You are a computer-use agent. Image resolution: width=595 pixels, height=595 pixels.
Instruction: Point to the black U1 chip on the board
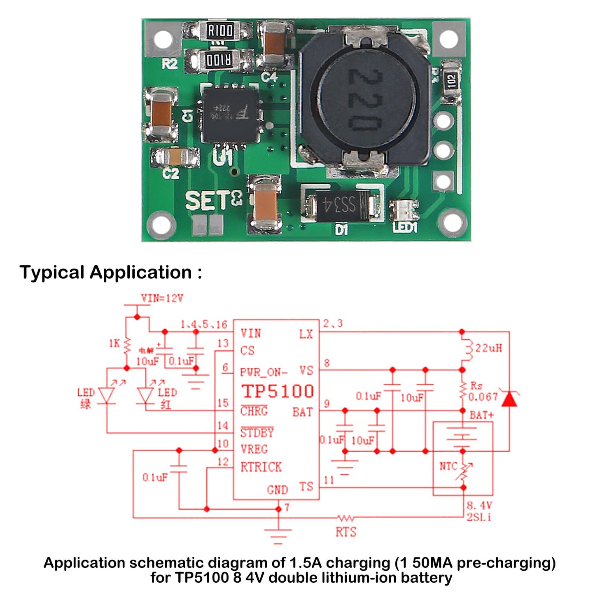click(x=230, y=114)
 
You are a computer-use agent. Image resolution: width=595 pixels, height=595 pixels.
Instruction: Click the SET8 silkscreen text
click(x=213, y=201)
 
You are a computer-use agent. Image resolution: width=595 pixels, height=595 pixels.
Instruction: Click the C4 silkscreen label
click(x=269, y=77)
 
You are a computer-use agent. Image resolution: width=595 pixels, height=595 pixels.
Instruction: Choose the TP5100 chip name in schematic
click(x=278, y=391)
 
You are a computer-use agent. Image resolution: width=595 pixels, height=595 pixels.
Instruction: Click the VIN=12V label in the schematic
click(x=162, y=298)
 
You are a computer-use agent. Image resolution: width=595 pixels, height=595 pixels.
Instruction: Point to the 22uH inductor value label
click(x=489, y=348)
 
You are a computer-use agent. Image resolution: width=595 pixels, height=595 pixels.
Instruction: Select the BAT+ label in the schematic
click(x=481, y=415)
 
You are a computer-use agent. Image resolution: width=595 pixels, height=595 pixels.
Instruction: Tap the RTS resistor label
click(x=345, y=532)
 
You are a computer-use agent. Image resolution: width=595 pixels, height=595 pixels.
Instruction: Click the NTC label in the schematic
click(x=448, y=466)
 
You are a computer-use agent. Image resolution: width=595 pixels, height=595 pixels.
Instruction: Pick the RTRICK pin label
click(x=261, y=467)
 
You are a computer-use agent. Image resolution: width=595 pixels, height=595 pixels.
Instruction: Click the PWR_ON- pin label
click(x=264, y=372)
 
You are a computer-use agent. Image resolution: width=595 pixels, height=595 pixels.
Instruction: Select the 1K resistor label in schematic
click(x=114, y=343)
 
